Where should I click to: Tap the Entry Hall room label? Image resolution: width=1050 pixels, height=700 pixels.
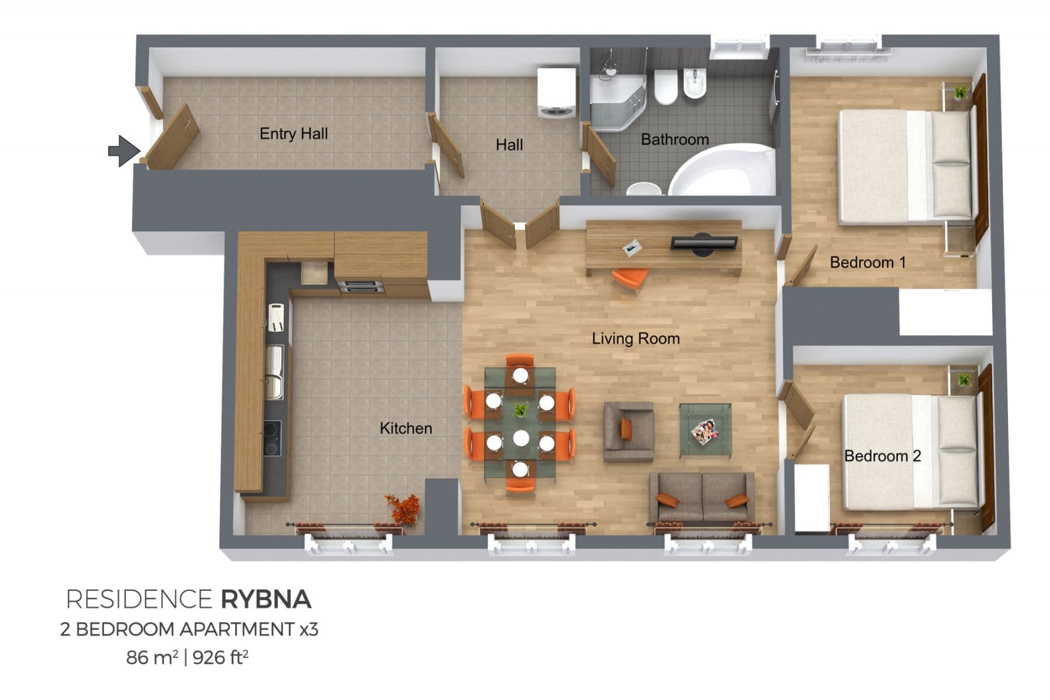pyautogui.click(x=293, y=134)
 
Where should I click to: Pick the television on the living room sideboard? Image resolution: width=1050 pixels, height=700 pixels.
pyautogui.click(x=704, y=243)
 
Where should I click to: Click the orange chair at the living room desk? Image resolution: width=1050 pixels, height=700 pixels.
pyautogui.click(x=629, y=278)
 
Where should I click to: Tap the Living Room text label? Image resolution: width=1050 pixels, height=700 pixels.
pyautogui.click(x=635, y=338)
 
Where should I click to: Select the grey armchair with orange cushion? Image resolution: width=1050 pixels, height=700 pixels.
pyautogui.click(x=628, y=431)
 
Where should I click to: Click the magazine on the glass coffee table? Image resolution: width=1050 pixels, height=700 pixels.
pyautogui.click(x=705, y=432)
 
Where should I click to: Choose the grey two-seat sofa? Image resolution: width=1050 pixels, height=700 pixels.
pyautogui.click(x=702, y=498)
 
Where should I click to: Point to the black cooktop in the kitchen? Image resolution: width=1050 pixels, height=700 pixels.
pyautogui.click(x=271, y=438)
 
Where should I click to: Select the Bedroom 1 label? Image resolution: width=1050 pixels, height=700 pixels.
pyautogui.click(x=867, y=262)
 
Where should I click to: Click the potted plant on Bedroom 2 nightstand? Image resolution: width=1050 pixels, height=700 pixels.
pyautogui.click(x=964, y=379)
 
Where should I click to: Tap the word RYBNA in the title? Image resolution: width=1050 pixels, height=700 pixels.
pyautogui.click(x=265, y=600)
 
